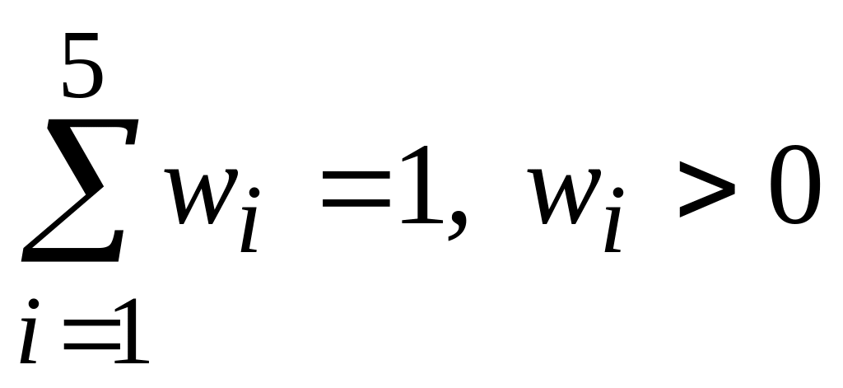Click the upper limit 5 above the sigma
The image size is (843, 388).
[83, 65]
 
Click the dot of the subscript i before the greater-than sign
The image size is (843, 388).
[617, 191]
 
